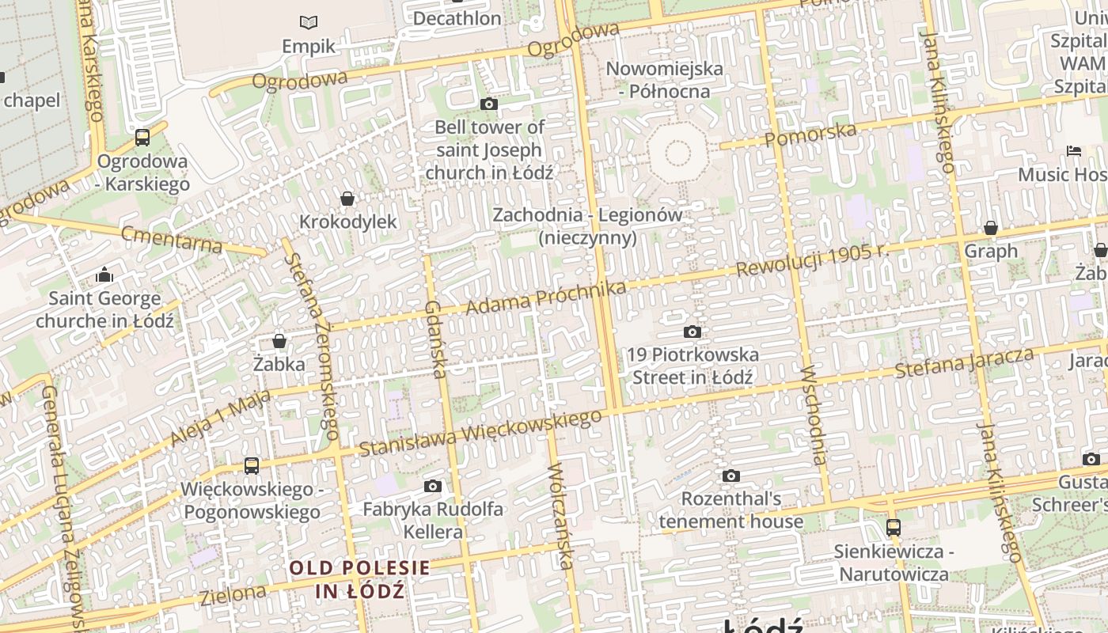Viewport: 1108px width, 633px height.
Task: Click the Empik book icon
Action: pyautogui.click(x=308, y=22)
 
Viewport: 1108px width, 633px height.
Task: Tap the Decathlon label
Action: pyautogui.click(x=457, y=18)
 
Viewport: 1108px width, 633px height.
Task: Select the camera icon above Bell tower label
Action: pyautogui.click(x=489, y=104)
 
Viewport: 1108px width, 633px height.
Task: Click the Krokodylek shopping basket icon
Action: pyautogui.click(x=347, y=199)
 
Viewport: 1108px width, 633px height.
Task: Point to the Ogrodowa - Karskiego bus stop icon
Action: pyautogui.click(x=142, y=138)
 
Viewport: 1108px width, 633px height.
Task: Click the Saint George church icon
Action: pyautogui.click(x=104, y=275)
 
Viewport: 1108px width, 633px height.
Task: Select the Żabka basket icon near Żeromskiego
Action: pyautogui.click(x=279, y=341)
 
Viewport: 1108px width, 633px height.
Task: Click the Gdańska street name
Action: pyautogui.click(x=436, y=339)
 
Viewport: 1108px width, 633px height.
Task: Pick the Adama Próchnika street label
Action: pyautogui.click(x=545, y=296)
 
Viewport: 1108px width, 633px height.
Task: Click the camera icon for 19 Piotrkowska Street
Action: pyautogui.click(x=692, y=332)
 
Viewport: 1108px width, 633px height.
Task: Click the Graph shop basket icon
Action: pyautogui.click(x=990, y=228)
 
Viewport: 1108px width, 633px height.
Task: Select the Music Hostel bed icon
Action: pyautogui.click(x=1074, y=150)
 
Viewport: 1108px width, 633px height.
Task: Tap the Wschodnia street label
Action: pyautogui.click(x=814, y=415)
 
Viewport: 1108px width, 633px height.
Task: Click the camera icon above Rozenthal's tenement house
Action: pyautogui.click(x=730, y=476)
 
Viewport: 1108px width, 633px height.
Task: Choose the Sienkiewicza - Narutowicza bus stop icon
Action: pyautogui.click(x=894, y=527)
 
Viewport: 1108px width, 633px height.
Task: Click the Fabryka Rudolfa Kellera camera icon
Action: pyautogui.click(x=432, y=486)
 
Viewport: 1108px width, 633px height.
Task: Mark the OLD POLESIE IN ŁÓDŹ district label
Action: pyautogui.click(x=360, y=579)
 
